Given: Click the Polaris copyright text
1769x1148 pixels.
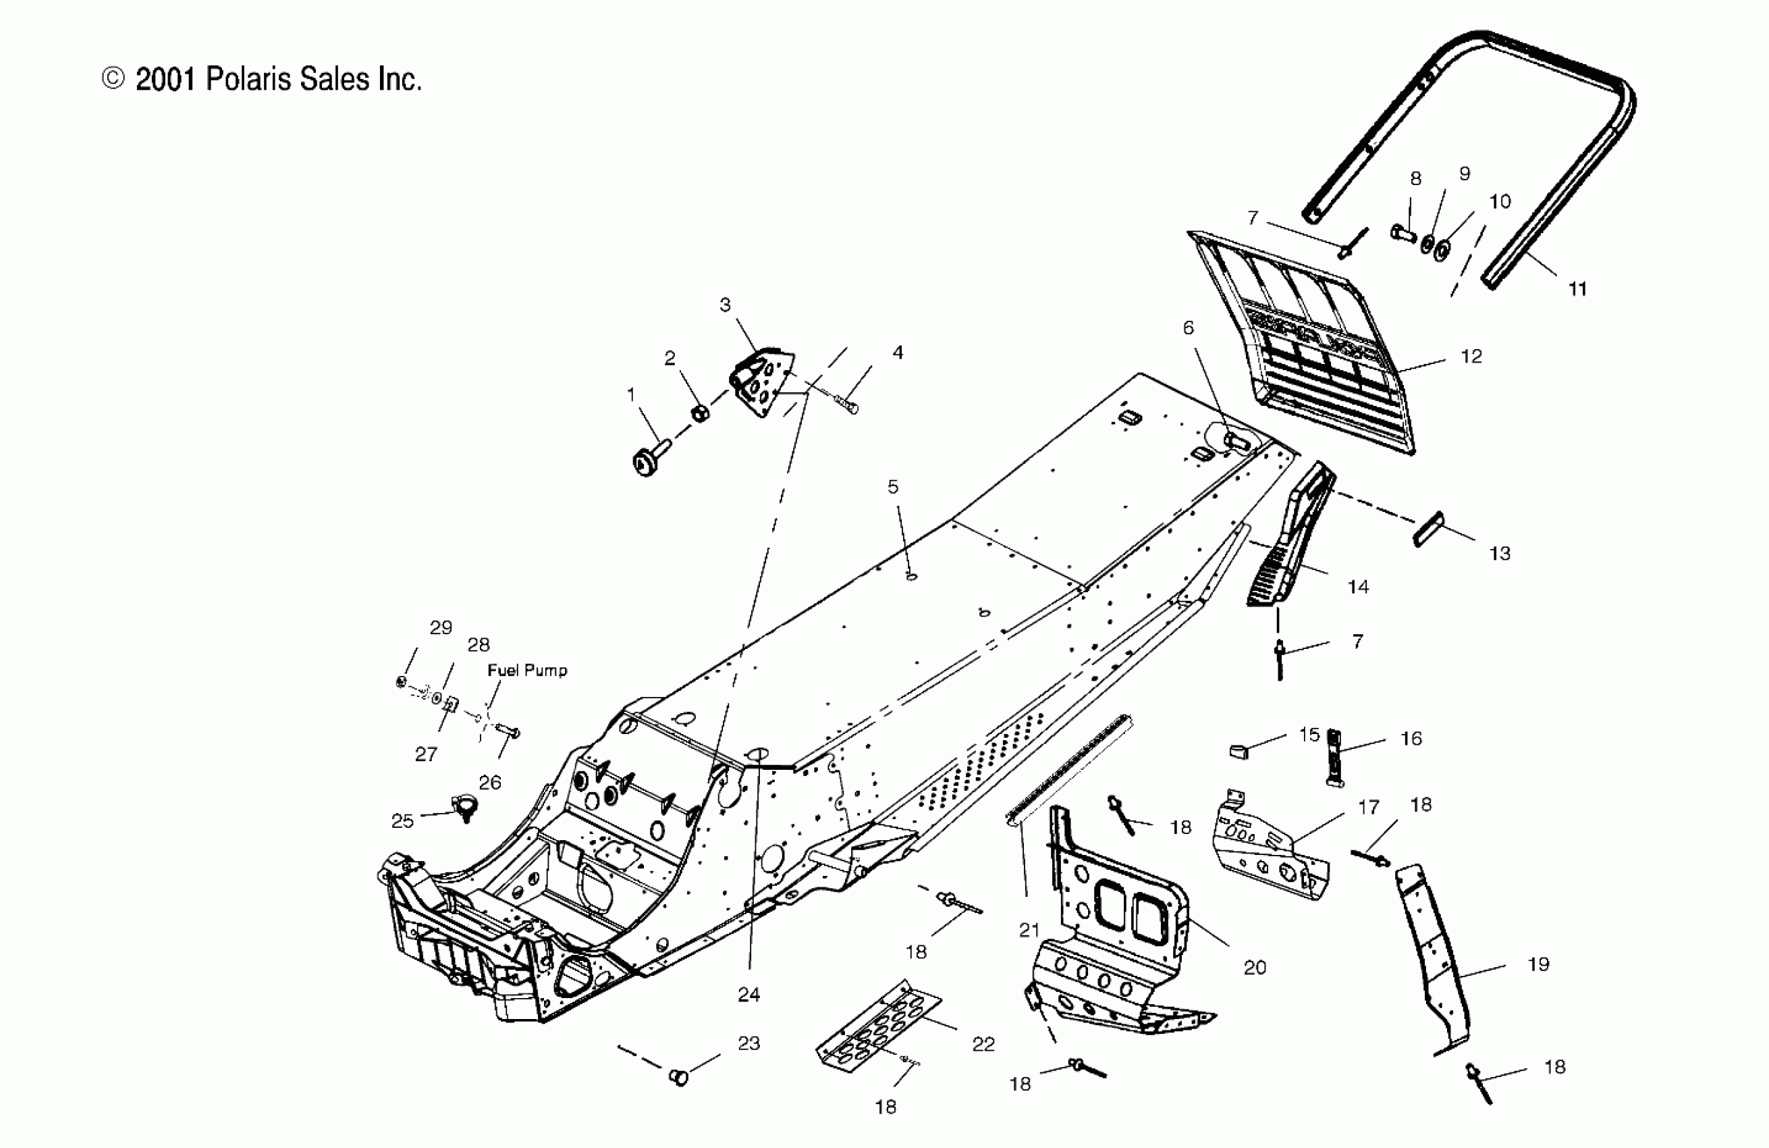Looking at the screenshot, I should [x=262, y=80].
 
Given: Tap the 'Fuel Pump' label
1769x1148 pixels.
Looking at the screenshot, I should [x=527, y=671].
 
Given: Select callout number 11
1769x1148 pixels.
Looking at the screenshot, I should [x=1577, y=289].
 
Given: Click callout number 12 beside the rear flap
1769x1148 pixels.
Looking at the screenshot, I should [x=1471, y=356].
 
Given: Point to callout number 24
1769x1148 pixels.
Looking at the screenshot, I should [x=749, y=995].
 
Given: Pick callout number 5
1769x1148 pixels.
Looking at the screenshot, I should [x=893, y=487].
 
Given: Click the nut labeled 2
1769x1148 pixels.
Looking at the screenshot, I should [x=699, y=413].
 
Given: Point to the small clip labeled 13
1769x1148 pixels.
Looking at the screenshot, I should [x=1427, y=529].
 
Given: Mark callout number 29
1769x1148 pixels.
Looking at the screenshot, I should [x=441, y=627].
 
